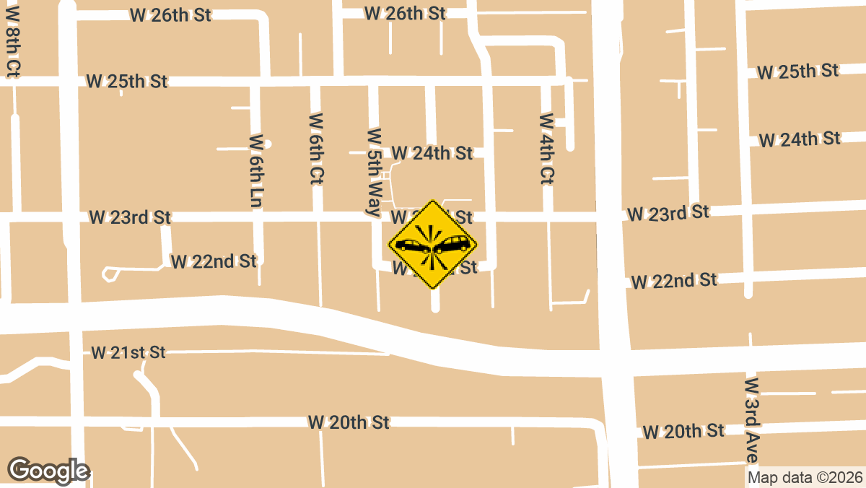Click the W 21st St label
(128, 352)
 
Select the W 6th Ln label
(255, 171)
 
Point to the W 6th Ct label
(316, 149)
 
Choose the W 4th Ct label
(547, 148)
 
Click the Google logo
(48, 471)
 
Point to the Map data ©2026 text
(805, 477)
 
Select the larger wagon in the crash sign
(452, 243)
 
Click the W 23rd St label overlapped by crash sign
(432, 217)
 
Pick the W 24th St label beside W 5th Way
(432, 153)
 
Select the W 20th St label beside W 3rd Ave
(683, 431)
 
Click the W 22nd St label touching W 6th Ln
(214, 261)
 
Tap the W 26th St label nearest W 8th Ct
(170, 14)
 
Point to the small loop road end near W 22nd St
(110, 274)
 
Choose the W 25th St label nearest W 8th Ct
(127, 81)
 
